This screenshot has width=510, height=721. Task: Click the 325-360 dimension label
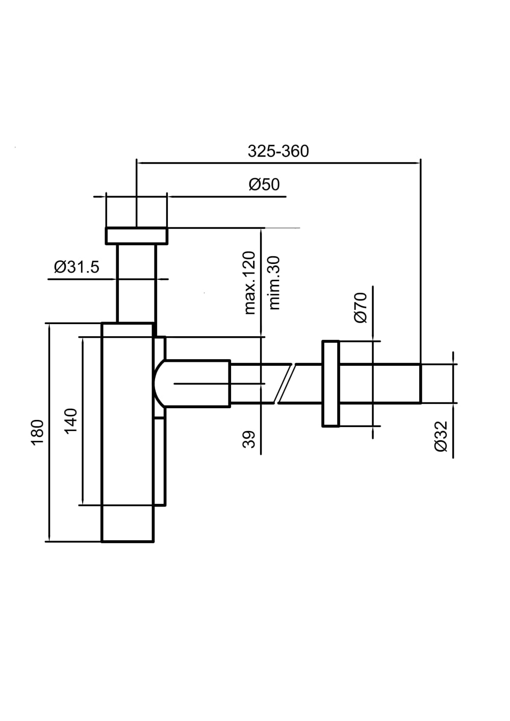pos(278,151)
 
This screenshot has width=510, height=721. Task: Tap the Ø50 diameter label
pos(264,184)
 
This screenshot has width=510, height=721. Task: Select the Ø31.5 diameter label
pos(76,266)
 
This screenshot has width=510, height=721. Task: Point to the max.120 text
pos(249,282)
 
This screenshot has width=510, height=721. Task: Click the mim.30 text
pos(274,283)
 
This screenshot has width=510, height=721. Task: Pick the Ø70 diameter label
pos(361,307)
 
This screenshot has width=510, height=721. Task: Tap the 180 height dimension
pos(38,433)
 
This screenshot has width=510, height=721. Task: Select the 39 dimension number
pos(248,439)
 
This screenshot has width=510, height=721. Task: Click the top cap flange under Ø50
pos(136,236)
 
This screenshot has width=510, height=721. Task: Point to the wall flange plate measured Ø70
pos(330,383)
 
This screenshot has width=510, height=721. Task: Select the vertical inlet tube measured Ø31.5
pos(136,283)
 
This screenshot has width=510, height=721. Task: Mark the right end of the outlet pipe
pos(419,383)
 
